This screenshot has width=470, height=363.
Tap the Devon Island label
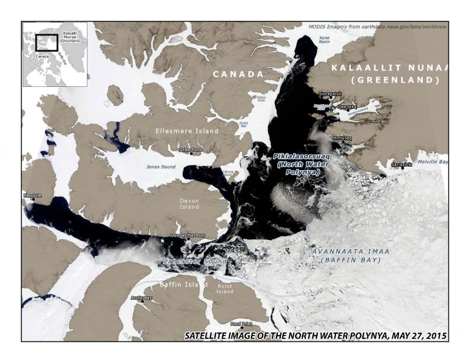point(190,203)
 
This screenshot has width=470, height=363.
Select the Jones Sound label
point(161,167)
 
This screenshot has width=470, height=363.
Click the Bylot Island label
point(225,288)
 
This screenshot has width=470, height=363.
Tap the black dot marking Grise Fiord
point(190,152)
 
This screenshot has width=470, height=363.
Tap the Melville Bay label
point(433,162)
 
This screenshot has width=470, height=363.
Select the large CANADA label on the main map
point(238,74)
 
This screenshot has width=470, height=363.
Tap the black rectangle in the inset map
point(47,42)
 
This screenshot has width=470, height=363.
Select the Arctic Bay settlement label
point(141,298)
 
